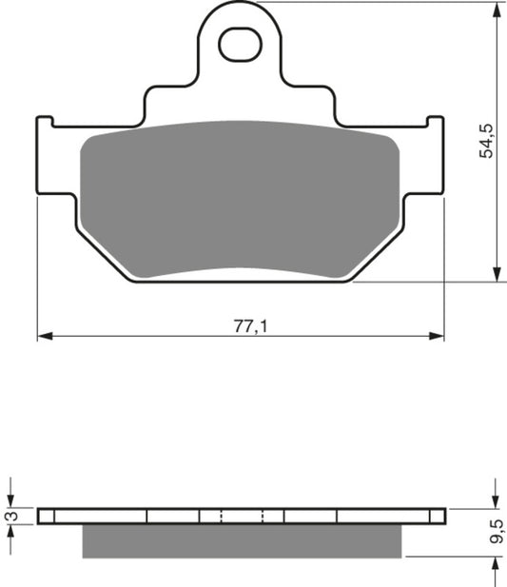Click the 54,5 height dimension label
(486, 139)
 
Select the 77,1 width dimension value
(249, 324)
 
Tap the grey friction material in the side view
(243, 541)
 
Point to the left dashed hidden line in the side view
(221, 517)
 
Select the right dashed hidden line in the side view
(263, 517)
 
